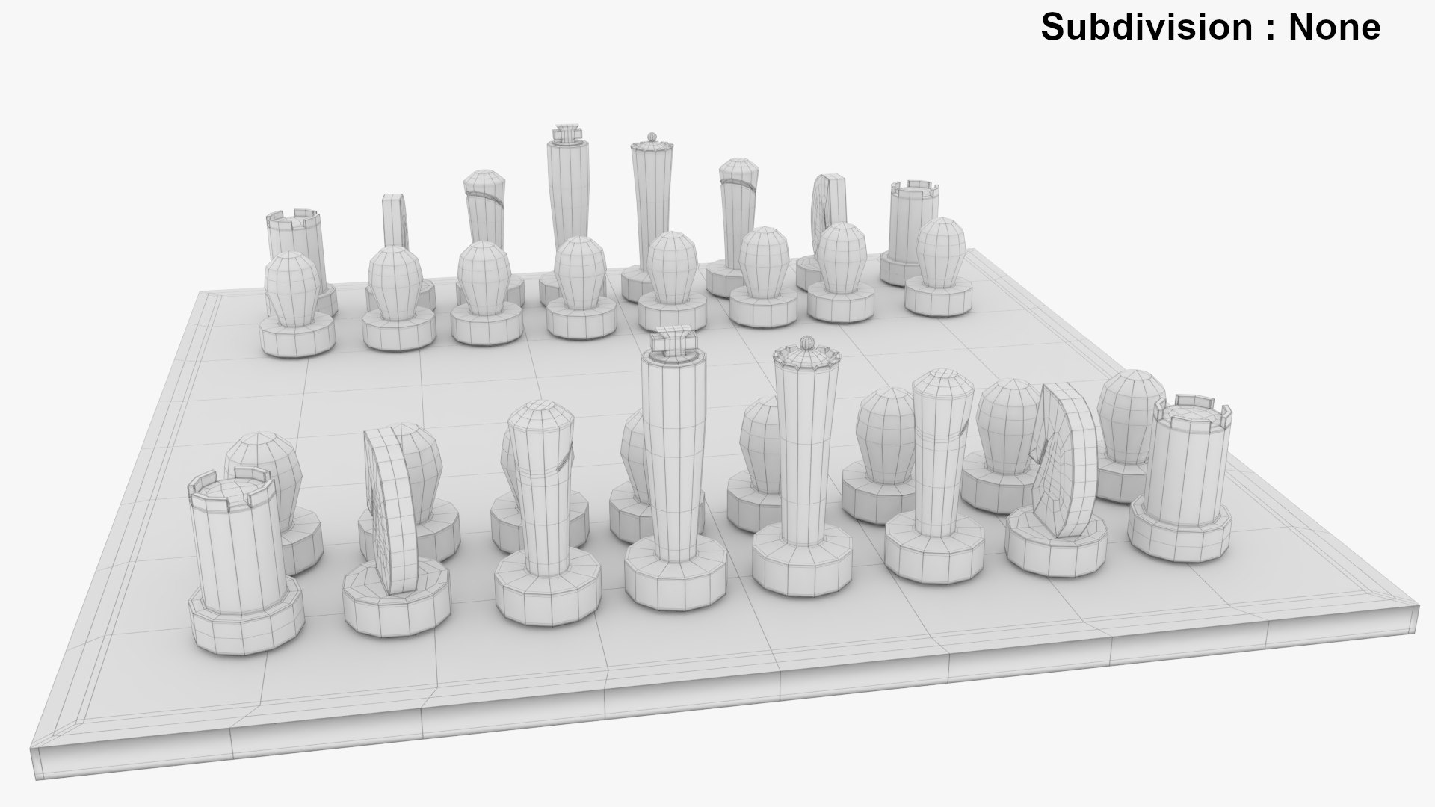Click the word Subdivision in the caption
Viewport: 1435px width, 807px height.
tap(1147, 27)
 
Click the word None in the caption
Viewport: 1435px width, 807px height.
tap(1335, 27)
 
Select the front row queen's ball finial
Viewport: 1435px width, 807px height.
tap(806, 342)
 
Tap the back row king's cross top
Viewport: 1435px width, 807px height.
tap(567, 133)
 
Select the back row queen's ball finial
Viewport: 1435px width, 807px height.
tap(651, 137)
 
